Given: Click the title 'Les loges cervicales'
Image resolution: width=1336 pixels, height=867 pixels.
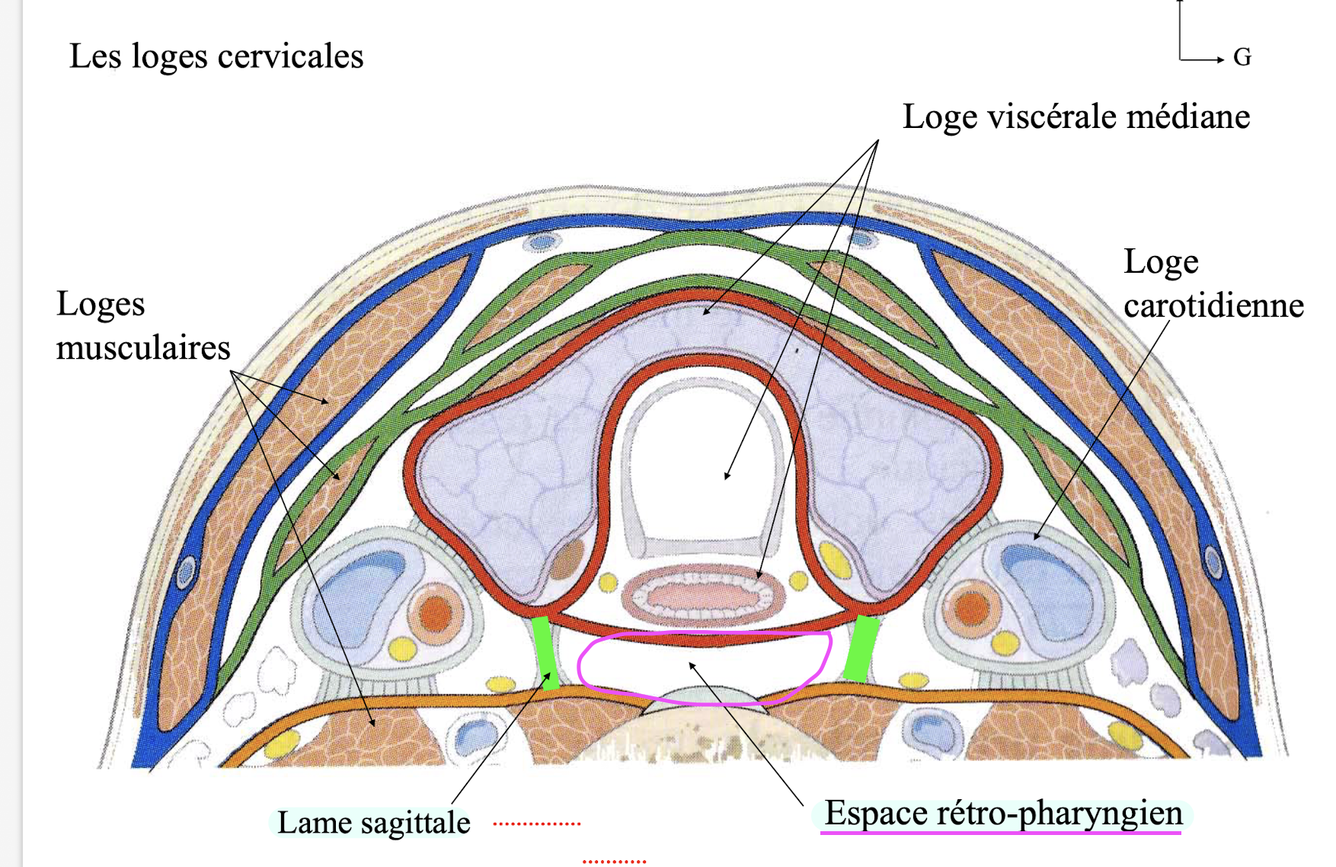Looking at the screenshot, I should pos(216,56).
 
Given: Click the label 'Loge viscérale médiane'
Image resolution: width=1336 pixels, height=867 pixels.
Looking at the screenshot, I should pos(1076,117).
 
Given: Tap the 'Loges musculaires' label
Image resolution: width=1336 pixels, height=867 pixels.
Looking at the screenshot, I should pos(142,325).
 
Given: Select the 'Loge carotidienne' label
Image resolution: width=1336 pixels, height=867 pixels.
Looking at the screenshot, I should pos(1213,283).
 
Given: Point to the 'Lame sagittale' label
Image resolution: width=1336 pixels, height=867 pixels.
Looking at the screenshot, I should pos(373,823).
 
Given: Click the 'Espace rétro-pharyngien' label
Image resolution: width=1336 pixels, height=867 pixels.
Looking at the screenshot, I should pos(1003,813).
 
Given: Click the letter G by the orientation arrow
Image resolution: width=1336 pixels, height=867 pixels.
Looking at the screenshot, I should pos(1242,58).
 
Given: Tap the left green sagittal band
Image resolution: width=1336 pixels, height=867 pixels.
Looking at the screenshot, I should pos(545,651).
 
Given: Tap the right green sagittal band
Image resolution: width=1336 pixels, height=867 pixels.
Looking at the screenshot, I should pos(861,648).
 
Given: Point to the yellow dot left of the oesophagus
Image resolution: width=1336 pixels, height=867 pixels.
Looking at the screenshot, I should pos(607,583).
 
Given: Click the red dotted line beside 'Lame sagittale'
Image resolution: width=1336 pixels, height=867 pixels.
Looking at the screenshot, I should pos(536,824).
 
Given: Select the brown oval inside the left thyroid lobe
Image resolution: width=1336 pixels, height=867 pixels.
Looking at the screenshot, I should pos(566,561).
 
